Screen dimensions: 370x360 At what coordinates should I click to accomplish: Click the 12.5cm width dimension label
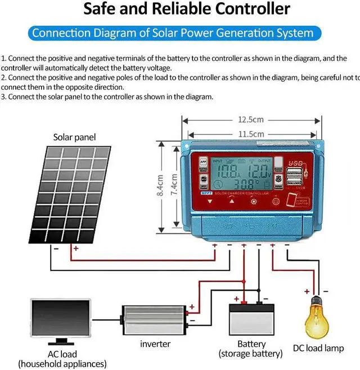(250, 120)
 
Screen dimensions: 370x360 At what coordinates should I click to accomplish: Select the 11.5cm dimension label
(250, 134)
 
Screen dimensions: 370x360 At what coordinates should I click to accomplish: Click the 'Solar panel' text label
(74, 137)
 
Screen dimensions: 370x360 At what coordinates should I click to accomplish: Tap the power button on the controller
(276, 201)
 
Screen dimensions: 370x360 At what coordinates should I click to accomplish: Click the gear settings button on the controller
(253, 201)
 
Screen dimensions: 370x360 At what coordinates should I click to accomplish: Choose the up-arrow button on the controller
(231, 201)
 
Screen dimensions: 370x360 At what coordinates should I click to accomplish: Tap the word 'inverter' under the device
(155, 344)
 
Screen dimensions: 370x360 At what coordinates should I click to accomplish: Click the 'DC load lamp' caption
(318, 349)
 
